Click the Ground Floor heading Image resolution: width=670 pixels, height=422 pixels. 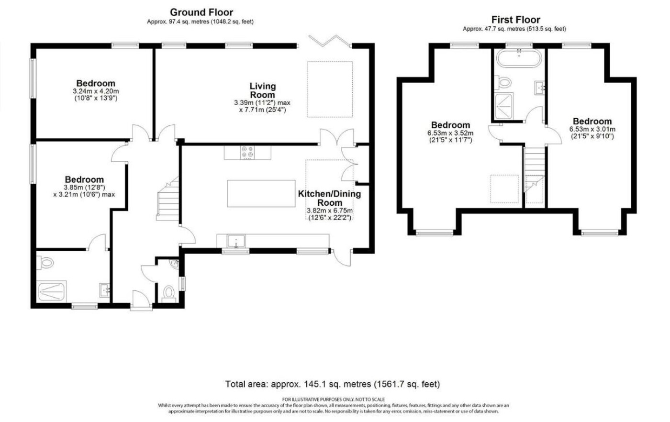tap(201, 12)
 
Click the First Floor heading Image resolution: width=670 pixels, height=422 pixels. tap(516, 20)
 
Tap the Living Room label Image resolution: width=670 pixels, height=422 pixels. tap(262, 90)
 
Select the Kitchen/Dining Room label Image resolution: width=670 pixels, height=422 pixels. tap(329, 198)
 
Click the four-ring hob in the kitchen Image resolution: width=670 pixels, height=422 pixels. tap(247, 152)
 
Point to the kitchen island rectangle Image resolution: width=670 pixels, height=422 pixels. tap(261, 193)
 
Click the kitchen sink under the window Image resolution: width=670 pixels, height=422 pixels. tap(236, 241)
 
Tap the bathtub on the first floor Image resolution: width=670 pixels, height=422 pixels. tap(519, 58)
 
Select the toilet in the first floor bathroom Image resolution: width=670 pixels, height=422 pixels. tap(503, 82)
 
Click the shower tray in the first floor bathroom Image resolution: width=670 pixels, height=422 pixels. tap(503, 106)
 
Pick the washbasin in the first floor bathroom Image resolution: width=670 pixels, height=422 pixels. tap(540, 88)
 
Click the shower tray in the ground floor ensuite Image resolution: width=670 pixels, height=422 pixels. tap(52, 291)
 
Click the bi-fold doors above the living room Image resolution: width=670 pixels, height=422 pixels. tap(330, 41)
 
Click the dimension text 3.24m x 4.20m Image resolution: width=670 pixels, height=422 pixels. tap(96, 91)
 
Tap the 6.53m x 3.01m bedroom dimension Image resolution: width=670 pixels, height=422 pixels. tap(592, 129)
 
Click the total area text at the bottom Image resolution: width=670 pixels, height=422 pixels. tap(332, 384)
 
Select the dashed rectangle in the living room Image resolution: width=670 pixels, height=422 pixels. tap(330, 89)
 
